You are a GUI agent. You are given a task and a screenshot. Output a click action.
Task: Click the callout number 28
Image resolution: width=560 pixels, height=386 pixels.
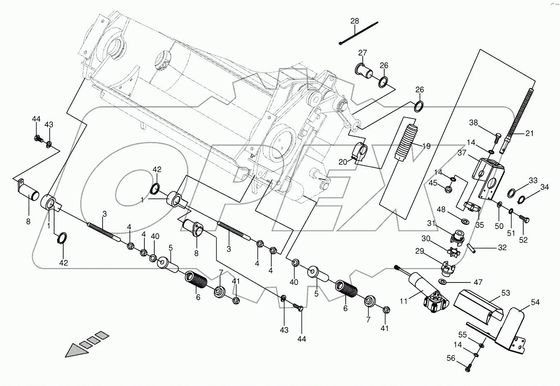coord(354,21)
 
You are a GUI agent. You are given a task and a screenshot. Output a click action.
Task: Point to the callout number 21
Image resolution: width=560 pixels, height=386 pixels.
coord(529,133)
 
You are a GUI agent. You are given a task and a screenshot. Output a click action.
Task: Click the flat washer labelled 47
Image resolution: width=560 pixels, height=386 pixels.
coord(443,282)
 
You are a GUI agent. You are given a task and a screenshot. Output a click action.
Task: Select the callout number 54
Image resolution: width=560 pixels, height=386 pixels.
coord(535,303)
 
